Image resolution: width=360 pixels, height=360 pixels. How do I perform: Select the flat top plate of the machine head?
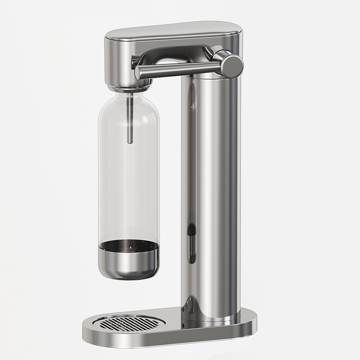(173, 30)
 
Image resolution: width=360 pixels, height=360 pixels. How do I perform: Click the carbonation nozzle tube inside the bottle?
(130, 117)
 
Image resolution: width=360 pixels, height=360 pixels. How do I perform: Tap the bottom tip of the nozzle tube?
(130, 141)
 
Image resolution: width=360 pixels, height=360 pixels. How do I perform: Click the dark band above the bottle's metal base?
(129, 245)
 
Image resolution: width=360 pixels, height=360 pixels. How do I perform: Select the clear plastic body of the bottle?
(129, 180)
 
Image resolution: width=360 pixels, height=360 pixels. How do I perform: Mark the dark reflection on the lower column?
(192, 243)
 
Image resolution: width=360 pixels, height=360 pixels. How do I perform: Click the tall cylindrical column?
(211, 180)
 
